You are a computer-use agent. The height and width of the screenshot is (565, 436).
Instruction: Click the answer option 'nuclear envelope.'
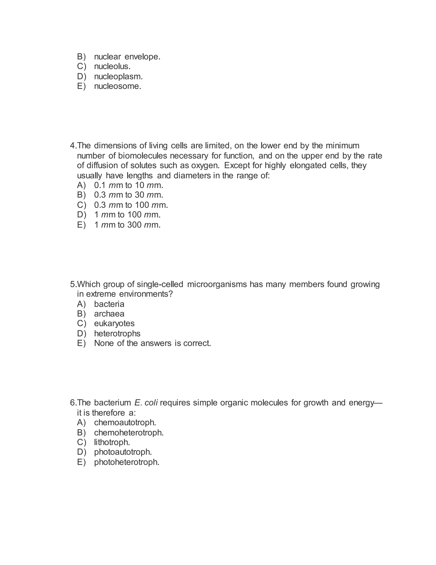(127, 57)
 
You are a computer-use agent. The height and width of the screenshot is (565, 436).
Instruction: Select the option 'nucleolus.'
(112, 67)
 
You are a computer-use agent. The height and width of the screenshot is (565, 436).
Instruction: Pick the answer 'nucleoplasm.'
(118, 77)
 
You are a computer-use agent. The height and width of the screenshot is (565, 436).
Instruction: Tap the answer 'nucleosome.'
(118, 86)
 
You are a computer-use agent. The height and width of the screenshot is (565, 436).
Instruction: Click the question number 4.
(73, 146)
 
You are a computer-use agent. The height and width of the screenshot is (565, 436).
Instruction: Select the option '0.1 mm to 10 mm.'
(129, 185)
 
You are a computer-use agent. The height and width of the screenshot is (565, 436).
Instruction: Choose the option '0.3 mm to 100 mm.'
(131, 205)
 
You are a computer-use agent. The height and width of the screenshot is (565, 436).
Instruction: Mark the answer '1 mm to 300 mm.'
(127, 225)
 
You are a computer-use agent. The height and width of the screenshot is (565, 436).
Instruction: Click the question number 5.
(73, 284)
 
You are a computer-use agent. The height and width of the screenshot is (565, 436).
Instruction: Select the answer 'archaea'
(109, 314)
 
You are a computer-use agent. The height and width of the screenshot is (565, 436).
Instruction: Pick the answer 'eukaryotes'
(114, 324)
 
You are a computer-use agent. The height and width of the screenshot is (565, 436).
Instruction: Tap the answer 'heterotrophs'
(117, 333)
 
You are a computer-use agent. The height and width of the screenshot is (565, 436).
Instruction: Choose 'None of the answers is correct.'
(152, 343)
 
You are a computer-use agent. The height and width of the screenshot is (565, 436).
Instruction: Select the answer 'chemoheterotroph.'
(129, 433)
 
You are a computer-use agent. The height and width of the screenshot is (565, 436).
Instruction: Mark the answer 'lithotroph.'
(112, 442)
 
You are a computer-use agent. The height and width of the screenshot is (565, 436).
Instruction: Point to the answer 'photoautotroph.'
(123, 452)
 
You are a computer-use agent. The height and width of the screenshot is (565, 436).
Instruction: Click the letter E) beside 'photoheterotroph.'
(81, 462)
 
